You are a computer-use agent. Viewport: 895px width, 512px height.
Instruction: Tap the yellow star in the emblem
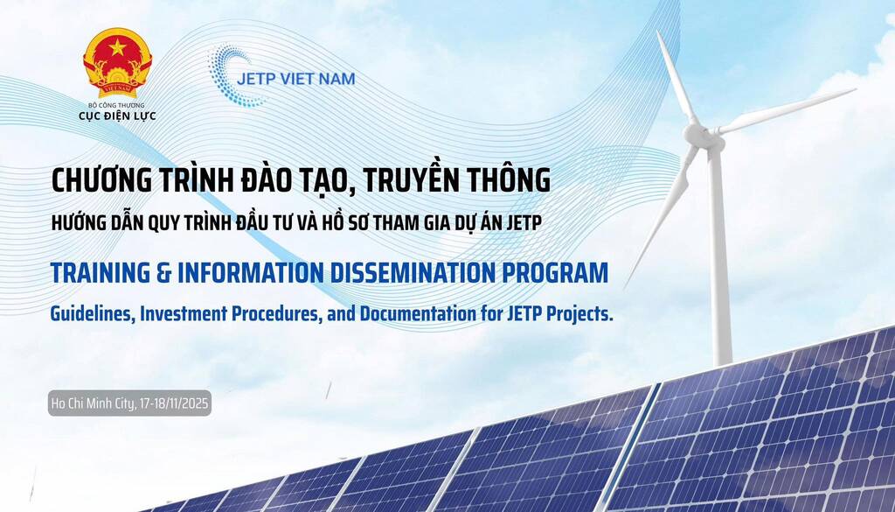[117, 47]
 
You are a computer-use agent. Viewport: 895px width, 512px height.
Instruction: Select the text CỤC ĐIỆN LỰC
[117, 116]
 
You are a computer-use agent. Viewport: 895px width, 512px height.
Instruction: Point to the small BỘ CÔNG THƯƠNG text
[116, 105]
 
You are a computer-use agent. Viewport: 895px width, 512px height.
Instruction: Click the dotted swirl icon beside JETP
[231, 76]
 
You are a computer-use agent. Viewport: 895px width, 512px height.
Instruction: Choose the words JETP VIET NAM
[295, 79]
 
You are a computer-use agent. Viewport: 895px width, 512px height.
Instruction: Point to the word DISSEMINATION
[413, 273]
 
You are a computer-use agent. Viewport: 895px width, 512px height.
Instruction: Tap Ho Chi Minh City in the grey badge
[93, 404]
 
